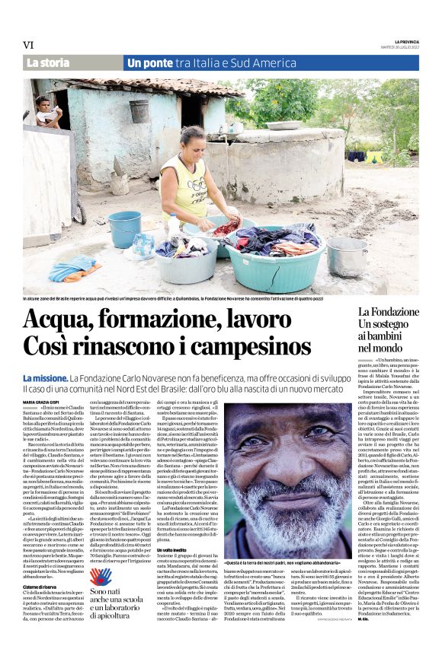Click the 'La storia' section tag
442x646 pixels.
coord(48,63)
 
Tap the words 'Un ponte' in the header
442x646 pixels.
coord(152,63)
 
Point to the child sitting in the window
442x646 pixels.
coord(46,112)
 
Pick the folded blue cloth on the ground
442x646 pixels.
coord(73,268)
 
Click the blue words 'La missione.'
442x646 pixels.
coord(45,377)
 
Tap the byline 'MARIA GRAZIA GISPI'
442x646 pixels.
coord(43,401)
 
